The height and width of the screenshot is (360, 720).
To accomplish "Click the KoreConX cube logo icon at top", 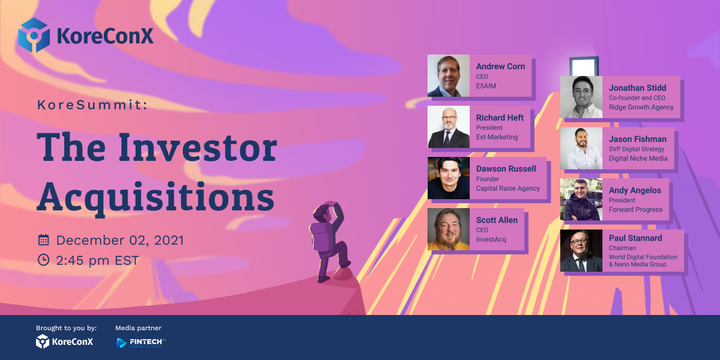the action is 34,35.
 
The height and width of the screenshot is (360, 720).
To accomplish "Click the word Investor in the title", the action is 197,147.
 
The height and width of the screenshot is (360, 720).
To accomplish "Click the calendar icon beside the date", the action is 43,240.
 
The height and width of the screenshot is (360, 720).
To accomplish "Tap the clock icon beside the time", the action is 43,260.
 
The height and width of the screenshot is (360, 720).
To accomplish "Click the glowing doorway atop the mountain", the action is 584,66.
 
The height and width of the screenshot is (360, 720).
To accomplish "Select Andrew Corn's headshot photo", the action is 448,75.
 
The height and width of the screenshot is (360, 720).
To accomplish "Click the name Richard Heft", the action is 500,118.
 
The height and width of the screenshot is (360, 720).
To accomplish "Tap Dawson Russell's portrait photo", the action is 448,178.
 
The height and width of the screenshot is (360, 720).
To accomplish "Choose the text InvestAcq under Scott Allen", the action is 491,240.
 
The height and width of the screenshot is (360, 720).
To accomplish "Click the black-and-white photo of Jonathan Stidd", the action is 581,97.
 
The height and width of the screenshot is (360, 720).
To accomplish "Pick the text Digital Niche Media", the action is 638,159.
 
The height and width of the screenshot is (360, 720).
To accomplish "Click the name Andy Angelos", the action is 635,190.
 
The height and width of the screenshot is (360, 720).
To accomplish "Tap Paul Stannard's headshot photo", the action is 581,250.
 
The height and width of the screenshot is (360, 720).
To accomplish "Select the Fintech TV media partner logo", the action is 141,343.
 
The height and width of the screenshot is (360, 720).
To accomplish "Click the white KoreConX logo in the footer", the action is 64,341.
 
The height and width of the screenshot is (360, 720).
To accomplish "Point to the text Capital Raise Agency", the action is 508,188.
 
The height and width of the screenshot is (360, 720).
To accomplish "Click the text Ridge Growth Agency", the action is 641,107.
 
